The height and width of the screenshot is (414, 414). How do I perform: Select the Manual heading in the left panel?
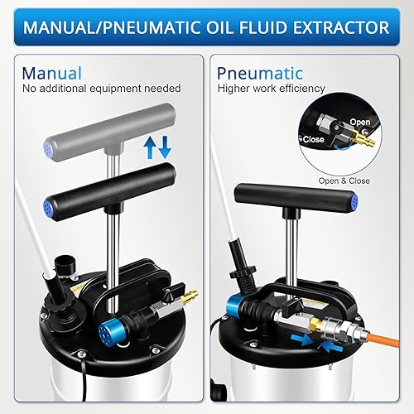[x=52, y=73]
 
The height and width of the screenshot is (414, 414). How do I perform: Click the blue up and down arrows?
[x=156, y=147]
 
